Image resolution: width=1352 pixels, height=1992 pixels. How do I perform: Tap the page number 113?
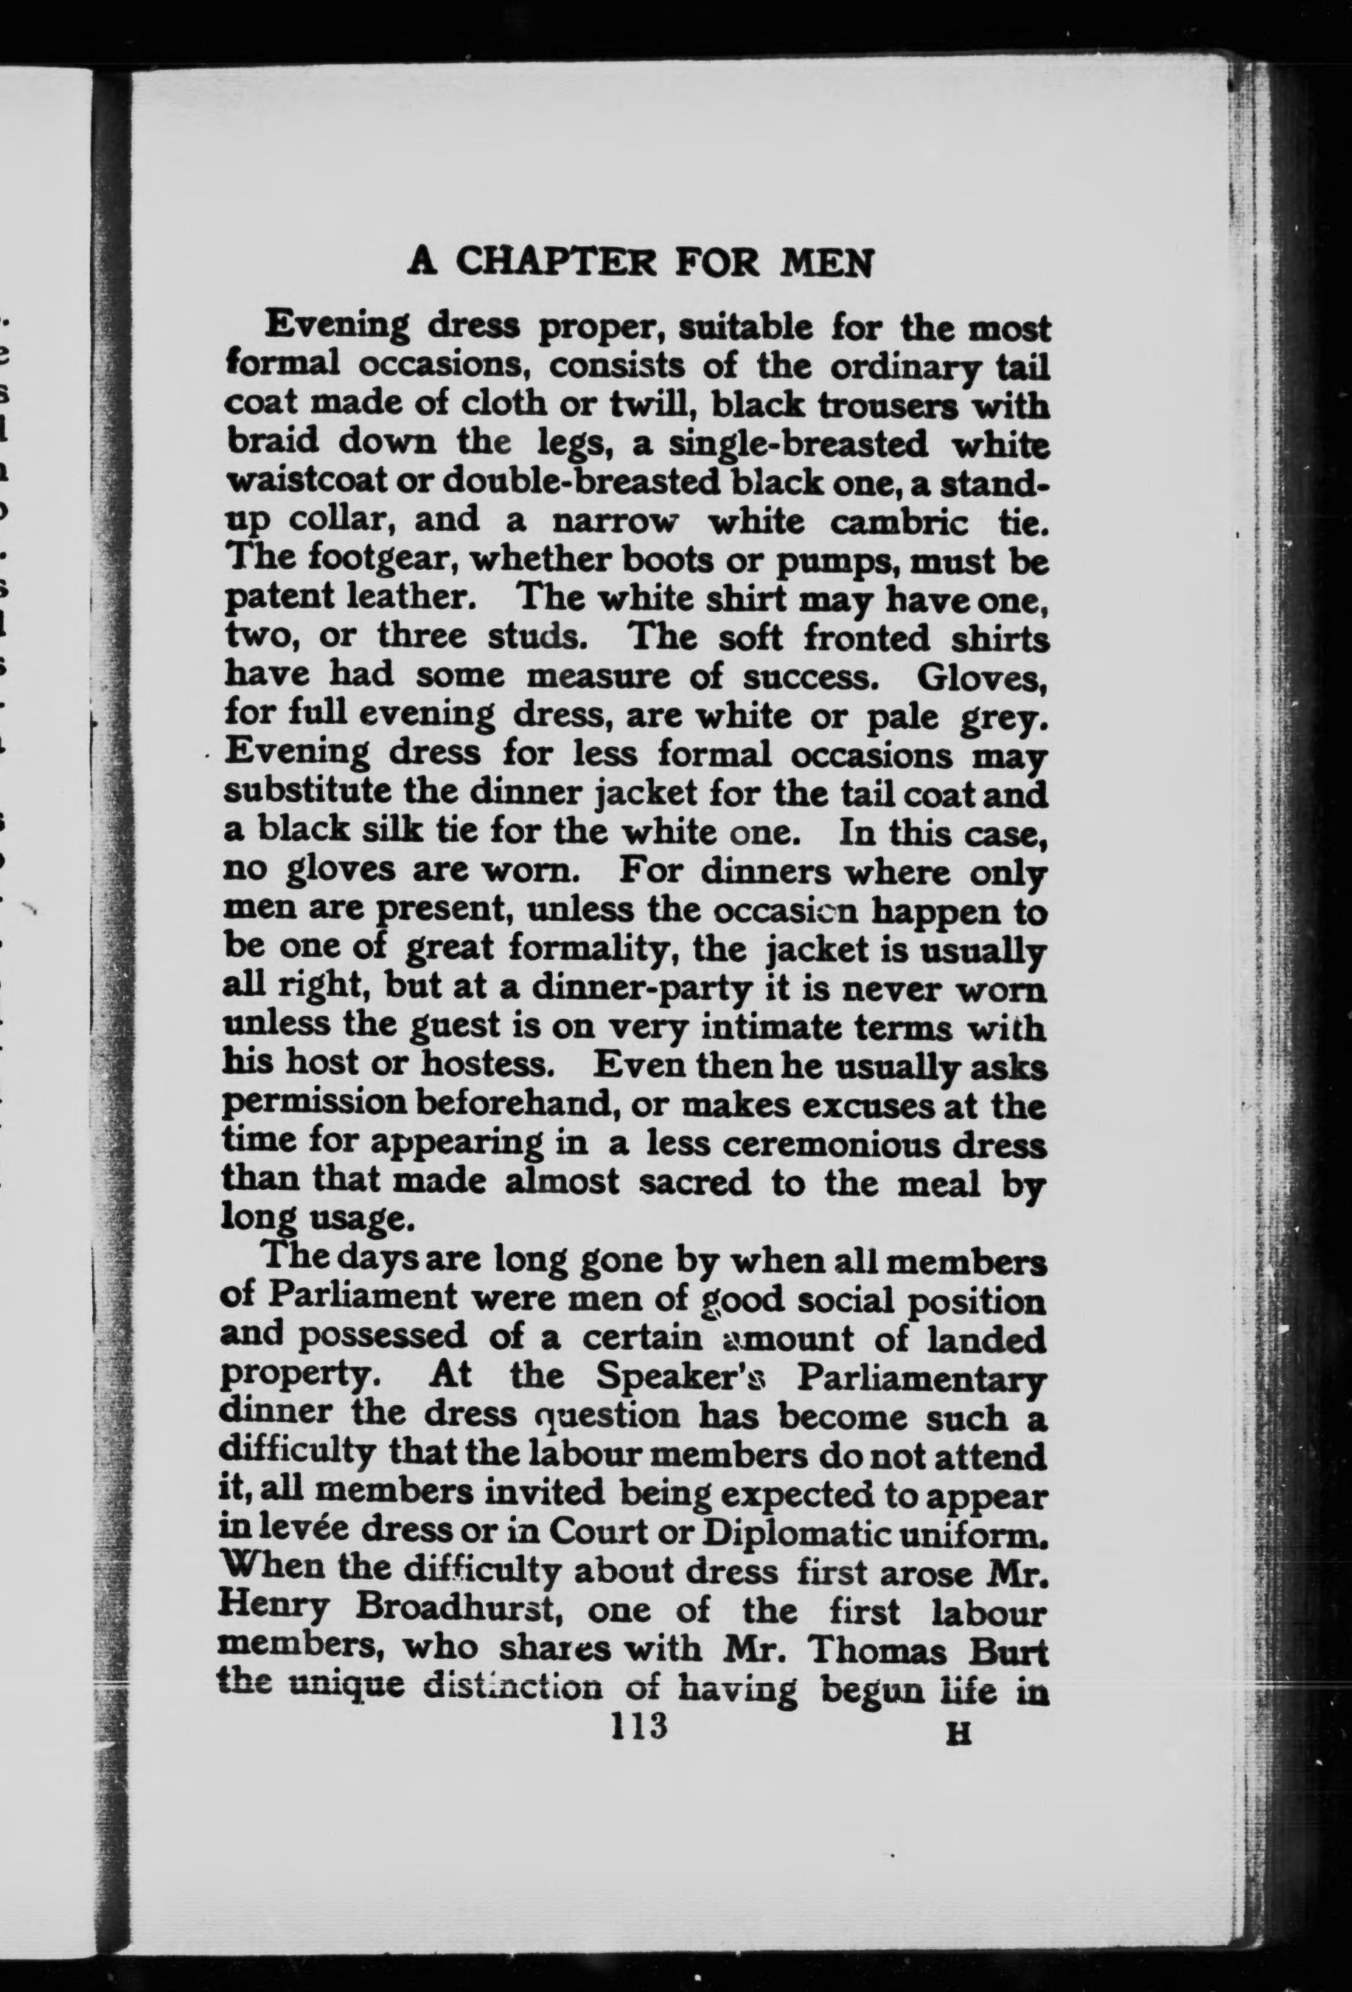click(638, 1725)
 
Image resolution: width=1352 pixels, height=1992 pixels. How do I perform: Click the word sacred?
click(698, 1183)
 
